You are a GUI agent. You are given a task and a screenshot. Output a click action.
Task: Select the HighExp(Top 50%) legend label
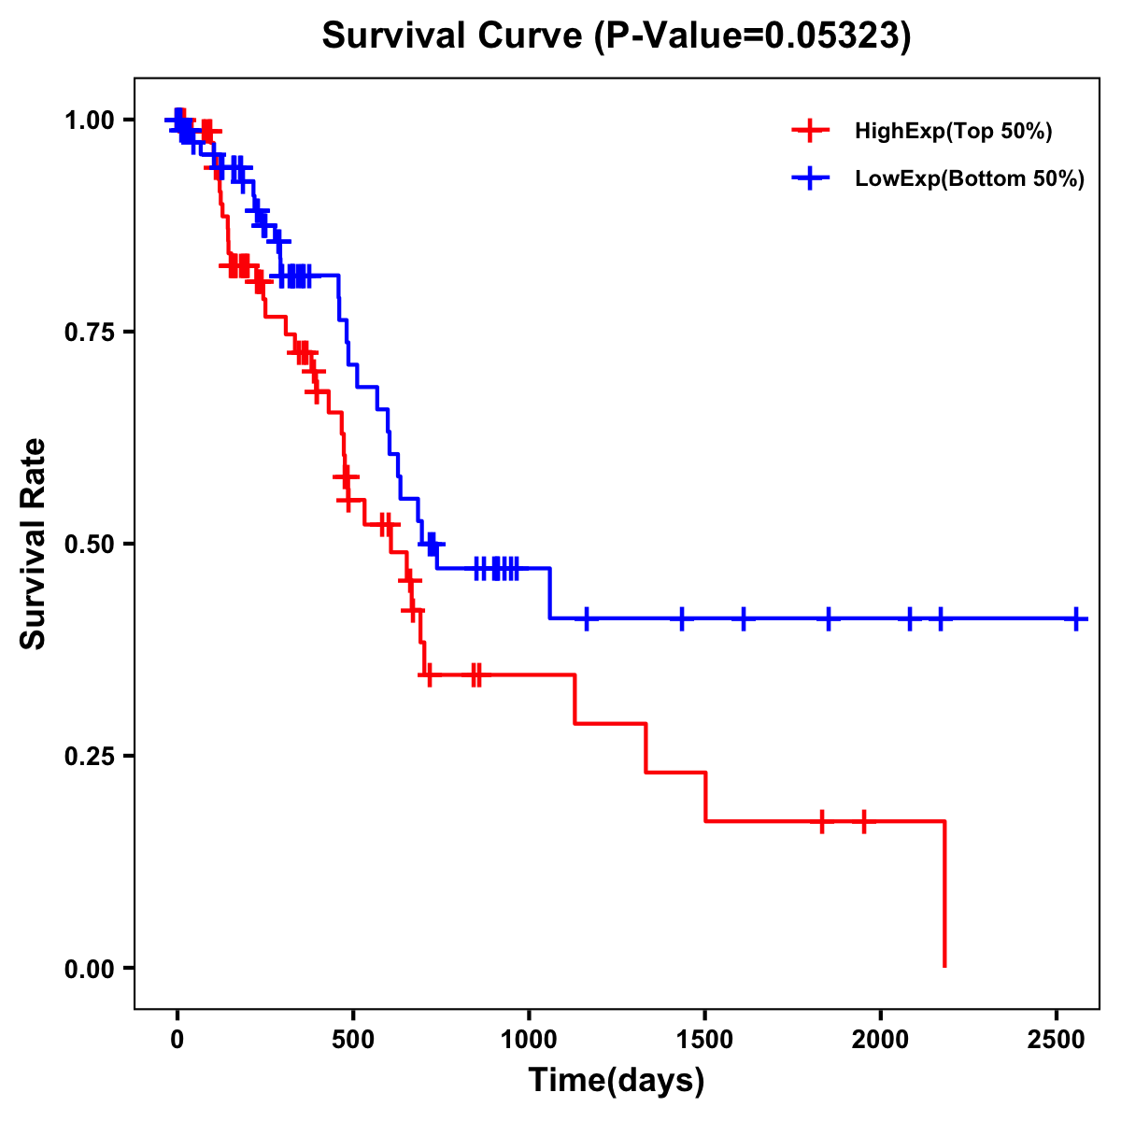tap(953, 132)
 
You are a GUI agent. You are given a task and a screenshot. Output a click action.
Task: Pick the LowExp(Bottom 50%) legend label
tap(969, 179)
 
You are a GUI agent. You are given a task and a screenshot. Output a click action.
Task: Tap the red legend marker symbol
tap(810, 131)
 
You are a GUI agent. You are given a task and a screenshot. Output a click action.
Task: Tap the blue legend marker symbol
tap(810, 178)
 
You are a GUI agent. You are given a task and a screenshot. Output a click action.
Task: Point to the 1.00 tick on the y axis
tap(89, 121)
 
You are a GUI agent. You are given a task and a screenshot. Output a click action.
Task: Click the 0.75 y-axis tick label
tap(89, 333)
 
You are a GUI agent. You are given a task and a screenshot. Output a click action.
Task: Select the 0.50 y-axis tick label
tap(89, 544)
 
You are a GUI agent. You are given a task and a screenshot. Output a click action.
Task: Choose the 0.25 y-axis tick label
tap(89, 756)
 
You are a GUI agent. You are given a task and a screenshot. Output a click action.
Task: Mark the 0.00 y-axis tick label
tap(89, 969)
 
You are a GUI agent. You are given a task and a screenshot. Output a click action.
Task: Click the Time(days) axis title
tap(617, 1081)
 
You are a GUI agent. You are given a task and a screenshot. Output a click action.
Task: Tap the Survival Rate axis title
tap(34, 543)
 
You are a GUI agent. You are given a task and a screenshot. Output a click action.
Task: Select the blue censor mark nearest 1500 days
tap(682, 618)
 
